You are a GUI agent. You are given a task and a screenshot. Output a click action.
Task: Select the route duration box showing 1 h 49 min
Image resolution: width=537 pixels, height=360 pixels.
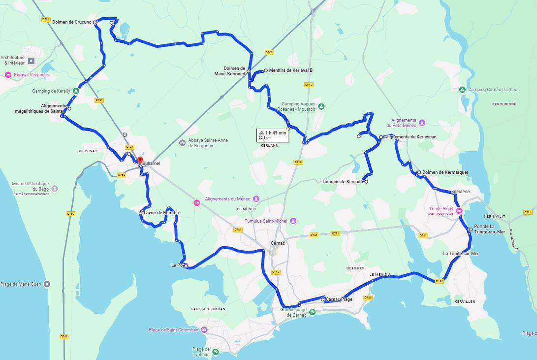[x=272, y=135]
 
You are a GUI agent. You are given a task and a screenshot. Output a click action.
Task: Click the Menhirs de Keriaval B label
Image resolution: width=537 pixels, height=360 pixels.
[x=290, y=70]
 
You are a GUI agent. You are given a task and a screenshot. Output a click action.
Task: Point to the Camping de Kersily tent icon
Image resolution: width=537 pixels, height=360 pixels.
[x=76, y=91]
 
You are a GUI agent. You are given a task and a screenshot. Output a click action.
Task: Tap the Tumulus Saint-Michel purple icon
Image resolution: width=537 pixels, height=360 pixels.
[x=293, y=221]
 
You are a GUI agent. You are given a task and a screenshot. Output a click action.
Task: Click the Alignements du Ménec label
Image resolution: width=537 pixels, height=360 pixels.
[x=228, y=199]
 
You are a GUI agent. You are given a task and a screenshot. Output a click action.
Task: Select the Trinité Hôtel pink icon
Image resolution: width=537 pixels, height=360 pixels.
[x=459, y=211]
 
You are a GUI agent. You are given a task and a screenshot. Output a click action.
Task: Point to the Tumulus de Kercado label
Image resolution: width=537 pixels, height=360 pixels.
[x=342, y=182]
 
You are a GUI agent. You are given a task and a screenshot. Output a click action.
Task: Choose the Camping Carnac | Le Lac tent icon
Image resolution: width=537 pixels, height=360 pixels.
[x=462, y=90]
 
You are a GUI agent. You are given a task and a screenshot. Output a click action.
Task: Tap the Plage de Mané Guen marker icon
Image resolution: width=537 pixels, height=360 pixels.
[x=47, y=284]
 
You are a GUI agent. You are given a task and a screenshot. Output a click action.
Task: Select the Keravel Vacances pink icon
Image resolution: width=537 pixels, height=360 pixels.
[x=8, y=75]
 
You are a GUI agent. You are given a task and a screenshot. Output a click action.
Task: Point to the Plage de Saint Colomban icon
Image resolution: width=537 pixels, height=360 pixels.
[x=203, y=330]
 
